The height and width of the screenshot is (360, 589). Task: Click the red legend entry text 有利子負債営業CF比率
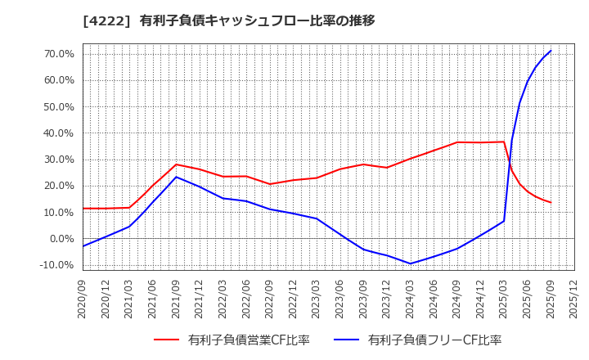(x=249, y=340)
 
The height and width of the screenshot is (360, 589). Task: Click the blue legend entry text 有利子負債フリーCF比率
(x=434, y=340)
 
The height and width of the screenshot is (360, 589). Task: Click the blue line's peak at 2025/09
(x=551, y=51)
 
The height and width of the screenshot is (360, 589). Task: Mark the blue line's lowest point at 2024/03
(x=411, y=263)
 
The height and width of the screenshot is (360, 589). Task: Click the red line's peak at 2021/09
(x=177, y=164)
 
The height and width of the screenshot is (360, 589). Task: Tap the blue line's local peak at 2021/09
(x=177, y=177)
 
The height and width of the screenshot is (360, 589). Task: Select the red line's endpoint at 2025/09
(x=551, y=202)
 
